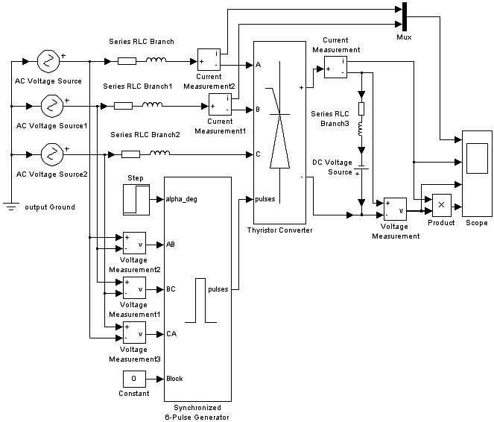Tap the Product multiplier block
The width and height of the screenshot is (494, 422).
[x=440, y=204]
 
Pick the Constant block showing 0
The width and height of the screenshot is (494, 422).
[x=134, y=379]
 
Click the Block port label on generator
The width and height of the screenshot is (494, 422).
[x=175, y=378]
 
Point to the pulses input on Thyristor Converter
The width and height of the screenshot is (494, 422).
[x=265, y=199]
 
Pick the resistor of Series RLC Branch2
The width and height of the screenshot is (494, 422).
[x=131, y=154]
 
